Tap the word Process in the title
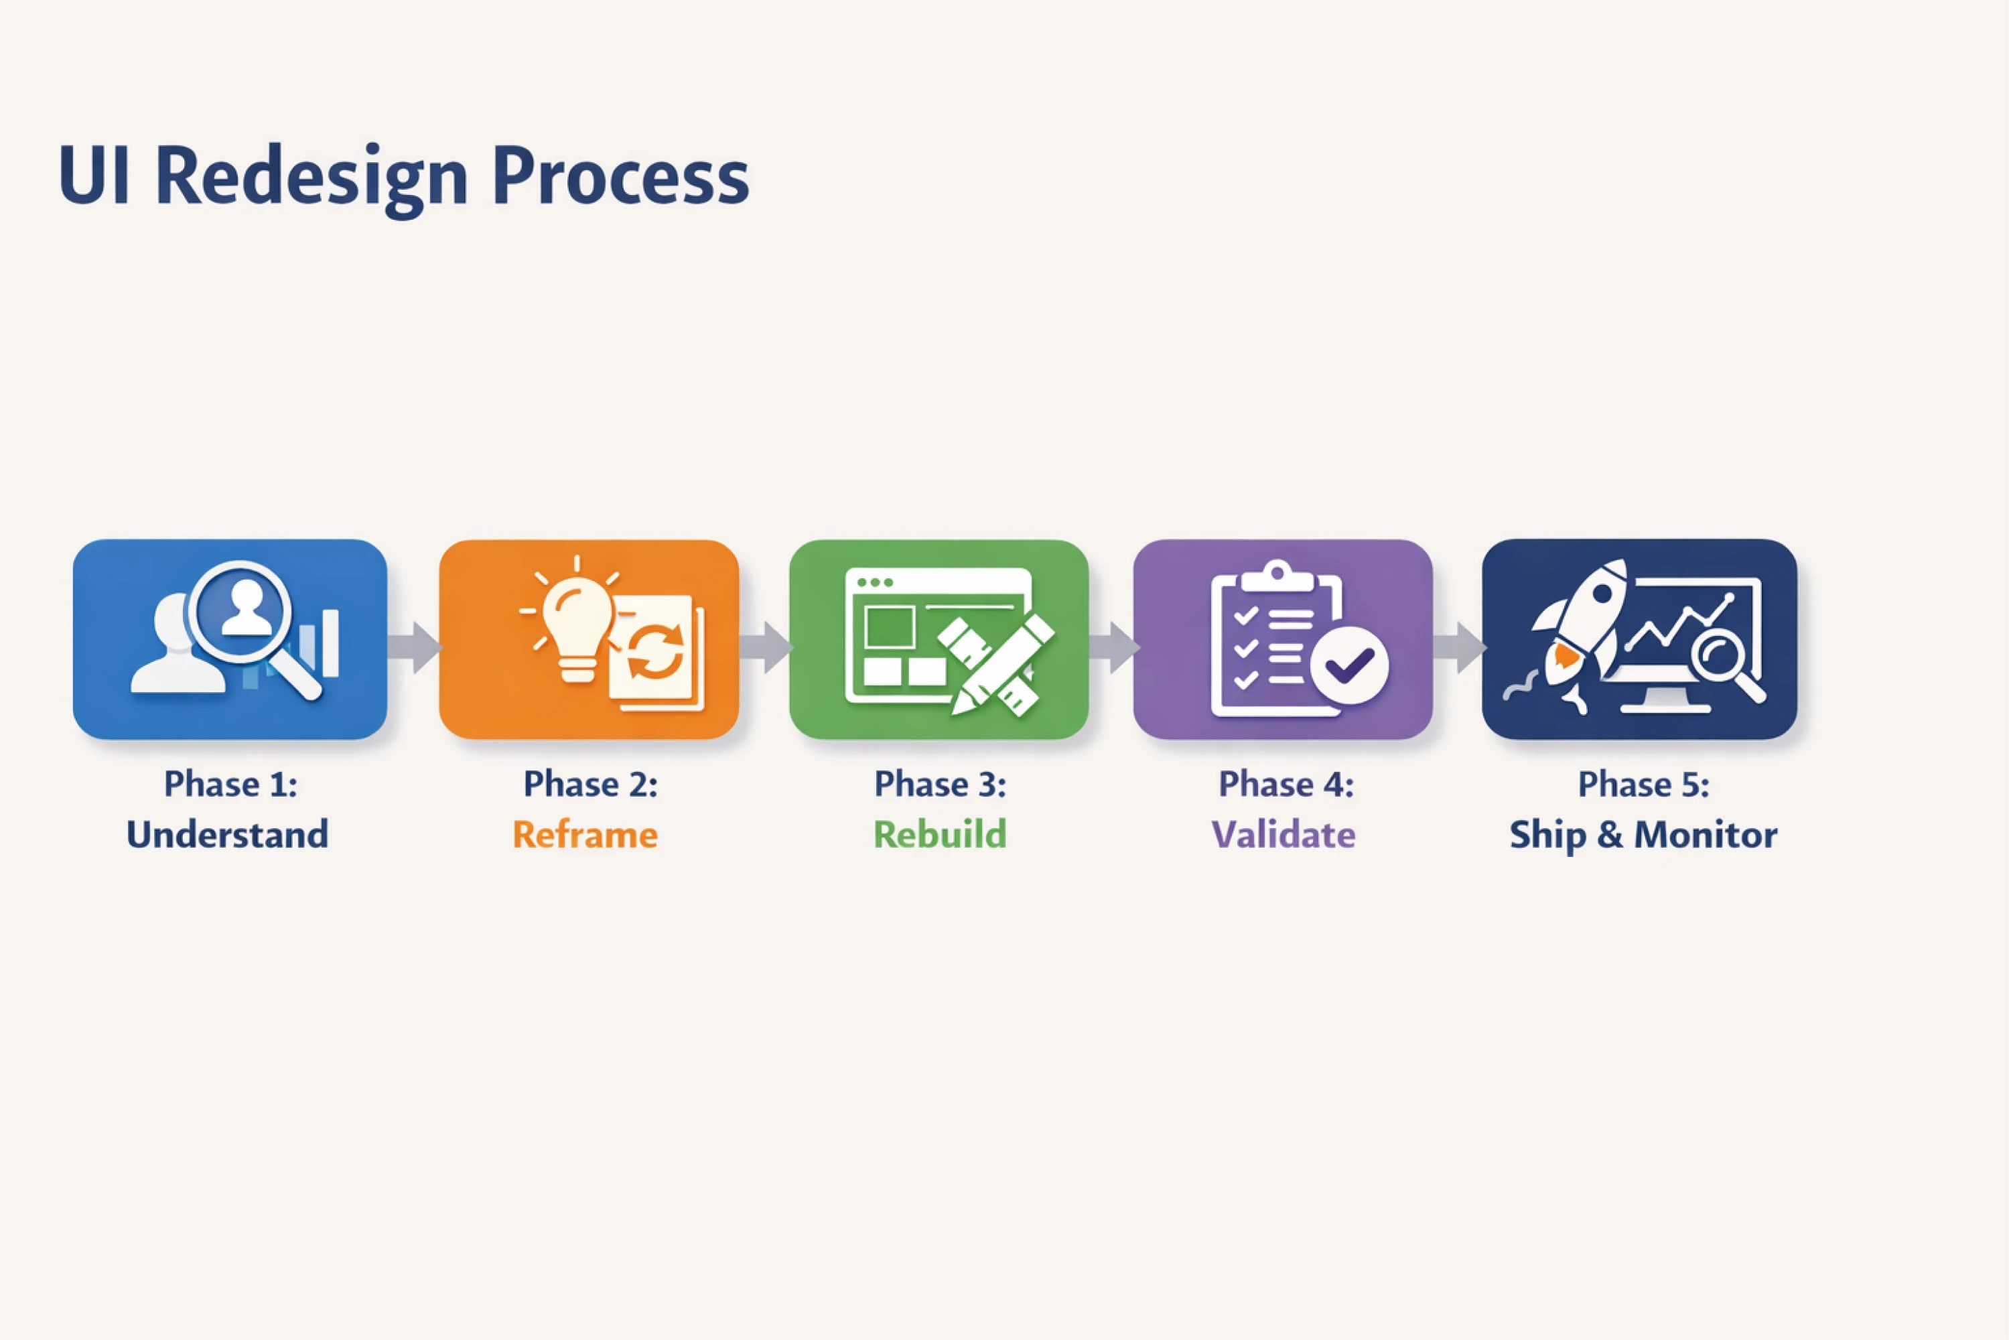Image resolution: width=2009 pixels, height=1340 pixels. point(620,178)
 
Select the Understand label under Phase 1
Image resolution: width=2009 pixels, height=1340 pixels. point(227,835)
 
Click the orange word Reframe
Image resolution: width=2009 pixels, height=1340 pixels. point(585,835)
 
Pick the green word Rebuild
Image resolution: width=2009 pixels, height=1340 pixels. point(940,835)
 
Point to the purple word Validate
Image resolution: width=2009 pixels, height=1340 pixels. point(1284,835)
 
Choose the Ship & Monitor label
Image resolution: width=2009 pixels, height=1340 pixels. point(1643,835)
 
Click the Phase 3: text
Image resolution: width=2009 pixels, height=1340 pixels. point(940,784)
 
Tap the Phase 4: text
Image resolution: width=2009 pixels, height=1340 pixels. point(1286,784)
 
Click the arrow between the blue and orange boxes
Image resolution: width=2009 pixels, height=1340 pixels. point(415,647)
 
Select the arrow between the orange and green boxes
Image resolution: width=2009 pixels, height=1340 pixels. point(766,647)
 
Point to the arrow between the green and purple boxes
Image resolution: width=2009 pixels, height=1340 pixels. point(1113,647)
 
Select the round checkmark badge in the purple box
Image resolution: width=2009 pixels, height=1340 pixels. point(1349,665)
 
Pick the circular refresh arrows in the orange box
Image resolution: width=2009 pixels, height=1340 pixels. point(655,651)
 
